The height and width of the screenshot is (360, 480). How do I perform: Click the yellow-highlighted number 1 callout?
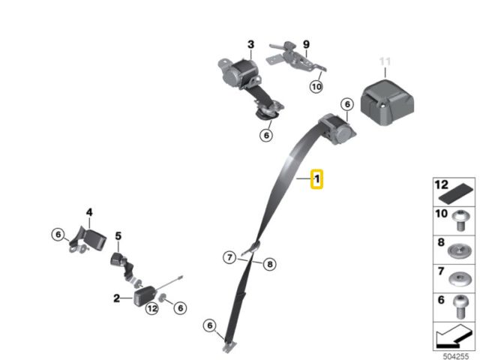click(316, 179)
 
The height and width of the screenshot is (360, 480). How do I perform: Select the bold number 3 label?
click(251, 45)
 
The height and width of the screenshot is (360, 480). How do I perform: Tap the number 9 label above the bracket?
click(306, 45)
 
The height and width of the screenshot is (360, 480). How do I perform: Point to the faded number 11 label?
click(385, 61)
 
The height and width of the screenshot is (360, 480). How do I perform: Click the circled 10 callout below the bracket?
click(316, 87)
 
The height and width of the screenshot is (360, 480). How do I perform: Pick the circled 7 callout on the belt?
click(229, 257)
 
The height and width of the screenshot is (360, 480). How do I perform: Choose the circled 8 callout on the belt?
click(270, 264)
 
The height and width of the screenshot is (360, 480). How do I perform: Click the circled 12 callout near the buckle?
click(152, 308)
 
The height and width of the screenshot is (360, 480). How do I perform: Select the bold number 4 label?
click(89, 212)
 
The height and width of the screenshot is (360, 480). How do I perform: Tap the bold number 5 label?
click(118, 236)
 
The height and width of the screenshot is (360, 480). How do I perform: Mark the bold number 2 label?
click(117, 298)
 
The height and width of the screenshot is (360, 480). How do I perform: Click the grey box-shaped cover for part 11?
click(387, 103)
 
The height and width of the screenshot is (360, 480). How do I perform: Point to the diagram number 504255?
click(456, 356)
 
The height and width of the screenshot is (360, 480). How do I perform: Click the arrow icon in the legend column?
click(453, 337)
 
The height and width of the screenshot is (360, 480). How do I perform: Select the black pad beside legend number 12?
click(456, 193)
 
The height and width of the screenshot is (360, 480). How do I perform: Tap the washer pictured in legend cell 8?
click(459, 251)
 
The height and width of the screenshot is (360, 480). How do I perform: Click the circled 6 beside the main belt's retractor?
click(347, 104)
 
